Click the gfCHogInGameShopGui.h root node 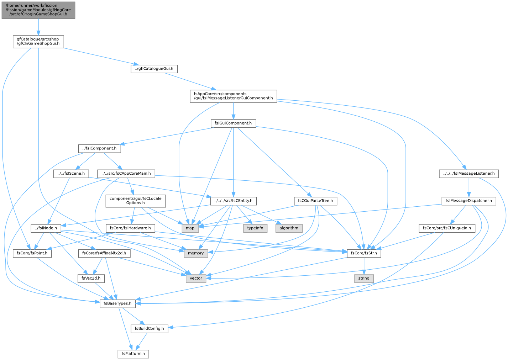pos(38,10)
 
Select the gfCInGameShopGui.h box pos(38,42)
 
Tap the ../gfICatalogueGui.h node pos(154,69)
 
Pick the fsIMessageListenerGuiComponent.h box pos(234,96)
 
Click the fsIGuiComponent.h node pos(234,123)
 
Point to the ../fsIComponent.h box pos(100,149)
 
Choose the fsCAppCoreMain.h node pos(126,174)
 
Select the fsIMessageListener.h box pos(469,174)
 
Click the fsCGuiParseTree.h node pos(315,201)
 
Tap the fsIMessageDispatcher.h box pos(469,201)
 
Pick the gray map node pos(190,228)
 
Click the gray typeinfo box pos(255,228)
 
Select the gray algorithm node pos(289,228)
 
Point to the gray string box pos(364,279)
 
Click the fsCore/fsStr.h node pos(364,253)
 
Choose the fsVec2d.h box pos(91,279)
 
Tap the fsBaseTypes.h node pos(117,303)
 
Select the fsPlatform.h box pos(133,354)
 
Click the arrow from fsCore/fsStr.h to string pos(364,266)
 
